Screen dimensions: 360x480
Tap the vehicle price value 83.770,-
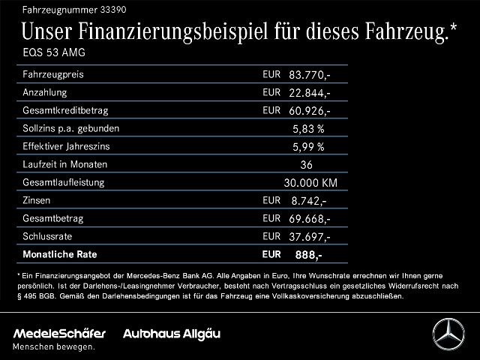coord(310,75)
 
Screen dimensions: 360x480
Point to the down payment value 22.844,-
coord(310,93)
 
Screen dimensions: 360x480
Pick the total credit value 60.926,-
coord(310,111)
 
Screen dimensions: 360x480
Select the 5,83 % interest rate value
coord(308,129)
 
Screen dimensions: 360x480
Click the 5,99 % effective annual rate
coord(308,147)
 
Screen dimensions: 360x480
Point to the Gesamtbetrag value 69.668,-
coord(310,219)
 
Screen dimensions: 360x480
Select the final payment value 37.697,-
coord(310,237)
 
